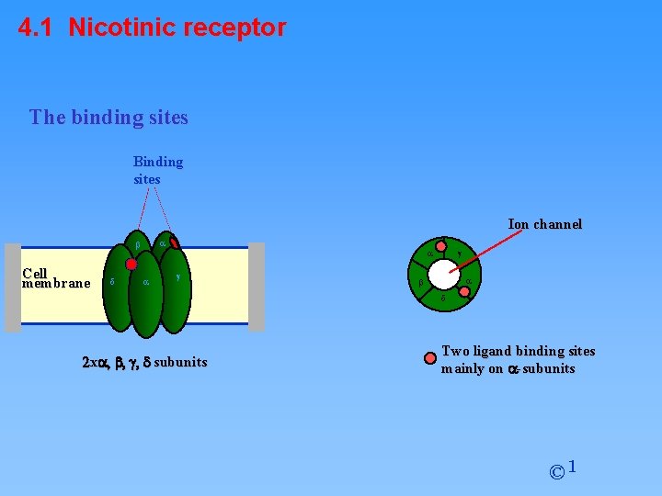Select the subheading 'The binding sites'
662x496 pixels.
tap(108, 118)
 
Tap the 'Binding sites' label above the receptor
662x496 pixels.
tap(158, 170)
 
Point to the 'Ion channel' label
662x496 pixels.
tap(544, 224)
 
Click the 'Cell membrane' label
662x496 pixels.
tap(55, 278)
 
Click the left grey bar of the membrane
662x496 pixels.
tap(12, 287)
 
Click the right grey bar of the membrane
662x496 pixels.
tap(257, 287)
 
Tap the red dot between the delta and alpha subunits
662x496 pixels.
tap(131, 264)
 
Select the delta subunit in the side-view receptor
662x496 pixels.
tap(114, 283)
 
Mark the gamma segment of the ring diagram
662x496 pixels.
tap(459, 254)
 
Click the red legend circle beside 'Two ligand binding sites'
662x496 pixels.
tap(429, 359)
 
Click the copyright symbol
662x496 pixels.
tap(556, 473)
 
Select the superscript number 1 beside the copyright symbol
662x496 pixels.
tap(572, 468)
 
